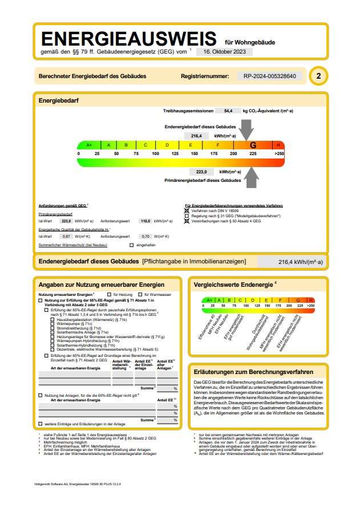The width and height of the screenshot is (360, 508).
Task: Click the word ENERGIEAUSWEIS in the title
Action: point(128,39)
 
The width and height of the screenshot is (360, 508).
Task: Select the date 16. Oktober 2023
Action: point(224,51)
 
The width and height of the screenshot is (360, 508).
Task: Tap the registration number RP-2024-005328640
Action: point(269,76)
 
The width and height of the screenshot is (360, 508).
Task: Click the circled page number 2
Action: point(318,76)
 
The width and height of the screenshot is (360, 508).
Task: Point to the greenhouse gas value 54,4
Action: point(228,111)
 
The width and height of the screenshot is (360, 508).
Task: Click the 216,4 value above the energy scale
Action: point(197,136)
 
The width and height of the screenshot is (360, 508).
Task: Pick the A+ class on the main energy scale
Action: point(89,145)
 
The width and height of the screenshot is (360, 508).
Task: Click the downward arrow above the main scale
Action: point(247,132)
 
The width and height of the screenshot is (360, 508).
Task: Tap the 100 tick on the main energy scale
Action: point(155,154)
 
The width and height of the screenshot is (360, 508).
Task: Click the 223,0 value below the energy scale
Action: point(201,172)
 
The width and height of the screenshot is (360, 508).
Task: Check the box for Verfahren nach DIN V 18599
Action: point(187,210)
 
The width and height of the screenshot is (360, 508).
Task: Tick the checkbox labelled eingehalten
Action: point(131,245)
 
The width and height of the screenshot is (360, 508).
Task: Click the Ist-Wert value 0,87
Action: point(66,236)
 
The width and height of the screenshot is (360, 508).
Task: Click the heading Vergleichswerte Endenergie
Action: point(234,283)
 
